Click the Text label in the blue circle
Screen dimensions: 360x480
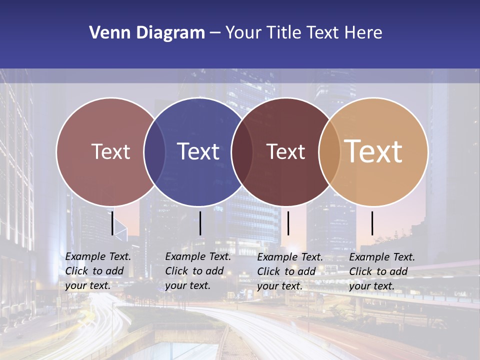tap(198, 151)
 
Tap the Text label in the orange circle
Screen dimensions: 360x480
tap(373, 151)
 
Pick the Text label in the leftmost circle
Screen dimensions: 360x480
tap(110, 151)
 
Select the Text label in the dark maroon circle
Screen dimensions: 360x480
tap(285, 151)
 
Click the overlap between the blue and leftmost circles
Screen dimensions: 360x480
tap(154, 152)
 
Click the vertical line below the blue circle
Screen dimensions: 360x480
tap(200, 223)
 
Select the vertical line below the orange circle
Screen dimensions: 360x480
tap(372, 223)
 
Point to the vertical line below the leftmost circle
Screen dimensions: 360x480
tap(112, 223)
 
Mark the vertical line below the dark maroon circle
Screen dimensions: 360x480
tap(288, 223)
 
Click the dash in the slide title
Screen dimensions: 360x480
tap(215, 33)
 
